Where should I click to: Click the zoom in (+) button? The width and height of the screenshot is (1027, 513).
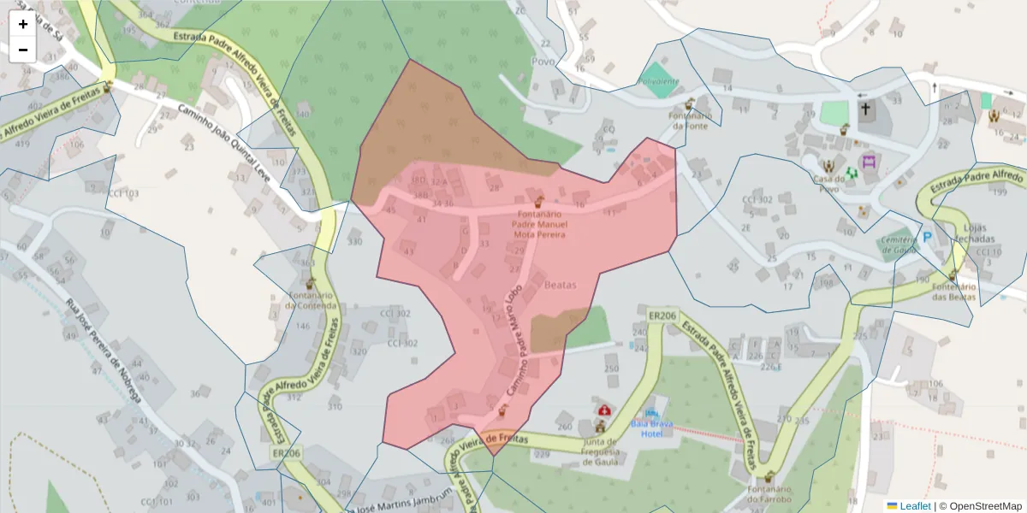coord(23,24)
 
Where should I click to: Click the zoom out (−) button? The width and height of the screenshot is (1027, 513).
coord(23,50)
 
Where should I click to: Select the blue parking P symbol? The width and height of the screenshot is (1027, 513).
coord(927,237)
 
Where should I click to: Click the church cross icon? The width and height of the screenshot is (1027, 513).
coord(865,109)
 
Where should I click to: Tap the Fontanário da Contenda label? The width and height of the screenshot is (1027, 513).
coord(311,301)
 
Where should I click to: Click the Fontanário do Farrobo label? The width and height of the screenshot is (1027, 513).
coord(769,494)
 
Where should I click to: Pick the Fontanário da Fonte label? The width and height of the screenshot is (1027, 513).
coord(689,121)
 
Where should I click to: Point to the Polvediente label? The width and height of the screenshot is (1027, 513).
coord(658,82)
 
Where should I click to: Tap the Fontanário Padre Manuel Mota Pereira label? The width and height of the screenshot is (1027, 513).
coord(538,224)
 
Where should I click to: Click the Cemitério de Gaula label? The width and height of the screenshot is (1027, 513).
coord(899,245)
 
